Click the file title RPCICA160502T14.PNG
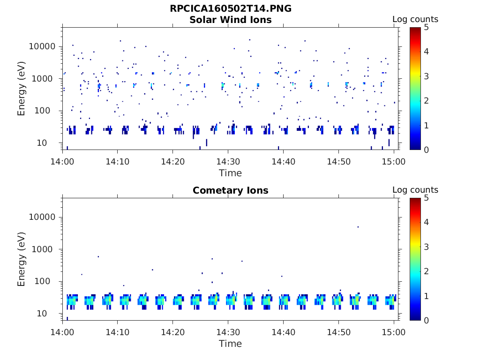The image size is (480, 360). tap(230, 8)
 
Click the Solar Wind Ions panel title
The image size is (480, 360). tap(230, 20)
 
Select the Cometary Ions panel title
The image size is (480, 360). tap(230, 190)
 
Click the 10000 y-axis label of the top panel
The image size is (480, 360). tap(42, 46)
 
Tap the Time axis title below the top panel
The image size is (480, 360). tap(230, 173)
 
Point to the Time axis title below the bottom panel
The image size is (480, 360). tap(230, 344)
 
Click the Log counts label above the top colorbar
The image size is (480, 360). tap(415, 19)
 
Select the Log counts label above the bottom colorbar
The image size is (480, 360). tap(415, 190)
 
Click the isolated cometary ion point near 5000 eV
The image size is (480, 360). tap(358, 227)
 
